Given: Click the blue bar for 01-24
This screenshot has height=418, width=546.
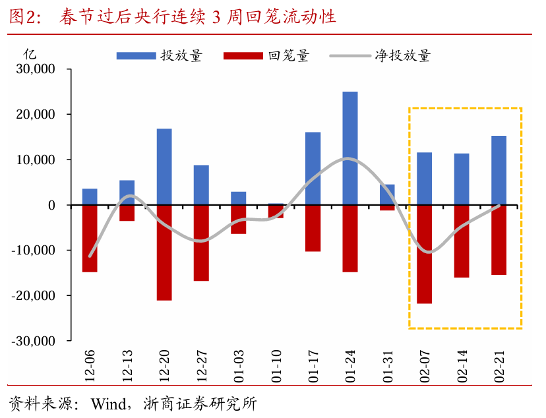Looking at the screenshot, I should pyautogui.click(x=350, y=148).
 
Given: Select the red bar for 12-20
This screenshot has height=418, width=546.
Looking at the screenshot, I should pyautogui.click(x=164, y=253).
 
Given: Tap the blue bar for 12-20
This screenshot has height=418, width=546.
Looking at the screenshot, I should pyautogui.click(x=164, y=167).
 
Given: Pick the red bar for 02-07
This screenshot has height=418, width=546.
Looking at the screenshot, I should pyautogui.click(x=425, y=254).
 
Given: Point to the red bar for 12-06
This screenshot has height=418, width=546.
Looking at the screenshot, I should pyautogui.click(x=90, y=238).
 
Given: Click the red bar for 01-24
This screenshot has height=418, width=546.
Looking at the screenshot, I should pyautogui.click(x=350, y=238).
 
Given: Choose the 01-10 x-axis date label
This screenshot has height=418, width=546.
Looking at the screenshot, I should pyautogui.click(x=276, y=367).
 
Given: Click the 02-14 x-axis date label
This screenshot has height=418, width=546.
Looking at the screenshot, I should pyautogui.click(x=462, y=367).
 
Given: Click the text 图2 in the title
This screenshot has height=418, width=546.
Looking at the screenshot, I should pyautogui.click(x=22, y=17).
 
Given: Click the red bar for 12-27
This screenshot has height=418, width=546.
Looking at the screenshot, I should pyautogui.click(x=201, y=243).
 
